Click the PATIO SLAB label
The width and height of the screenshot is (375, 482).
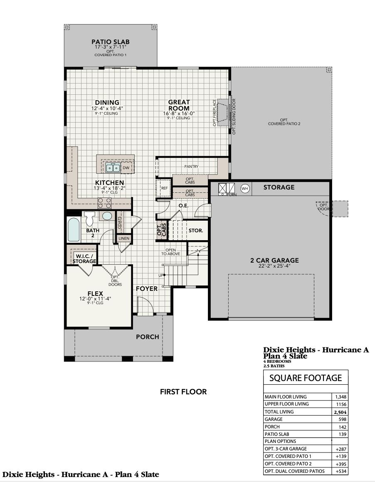(110, 42)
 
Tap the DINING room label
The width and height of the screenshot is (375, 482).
(107, 102)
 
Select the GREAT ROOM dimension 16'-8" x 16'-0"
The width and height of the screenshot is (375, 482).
(179, 113)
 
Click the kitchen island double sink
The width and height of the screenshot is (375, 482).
(113, 168)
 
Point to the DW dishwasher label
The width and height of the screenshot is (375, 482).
(126, 168)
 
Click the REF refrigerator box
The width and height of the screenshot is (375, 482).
(164, 188)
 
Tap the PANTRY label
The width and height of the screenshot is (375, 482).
(191, 167)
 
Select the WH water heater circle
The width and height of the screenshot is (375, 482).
(245, 188)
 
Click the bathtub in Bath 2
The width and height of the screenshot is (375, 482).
(74, 230)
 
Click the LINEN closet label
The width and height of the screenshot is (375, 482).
(124, 239)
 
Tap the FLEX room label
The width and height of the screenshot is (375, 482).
(95, 294)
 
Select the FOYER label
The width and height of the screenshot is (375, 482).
(147, 288)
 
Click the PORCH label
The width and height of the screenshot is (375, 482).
(148, 337)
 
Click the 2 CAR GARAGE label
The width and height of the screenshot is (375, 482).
(274, 261)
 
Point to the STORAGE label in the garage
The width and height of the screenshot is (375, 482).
(279, 187)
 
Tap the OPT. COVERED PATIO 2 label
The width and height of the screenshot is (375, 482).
(284, 122)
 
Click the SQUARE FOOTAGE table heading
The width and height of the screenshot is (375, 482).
(306, 378)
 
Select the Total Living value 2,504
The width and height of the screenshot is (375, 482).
(340, 412)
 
